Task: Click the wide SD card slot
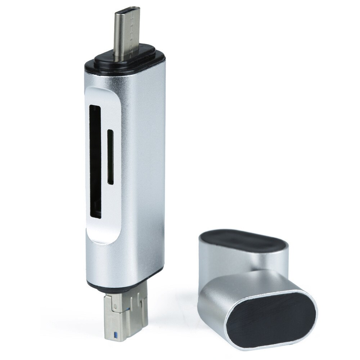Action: tap(95, 162)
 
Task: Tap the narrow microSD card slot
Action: tap(110, 157)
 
